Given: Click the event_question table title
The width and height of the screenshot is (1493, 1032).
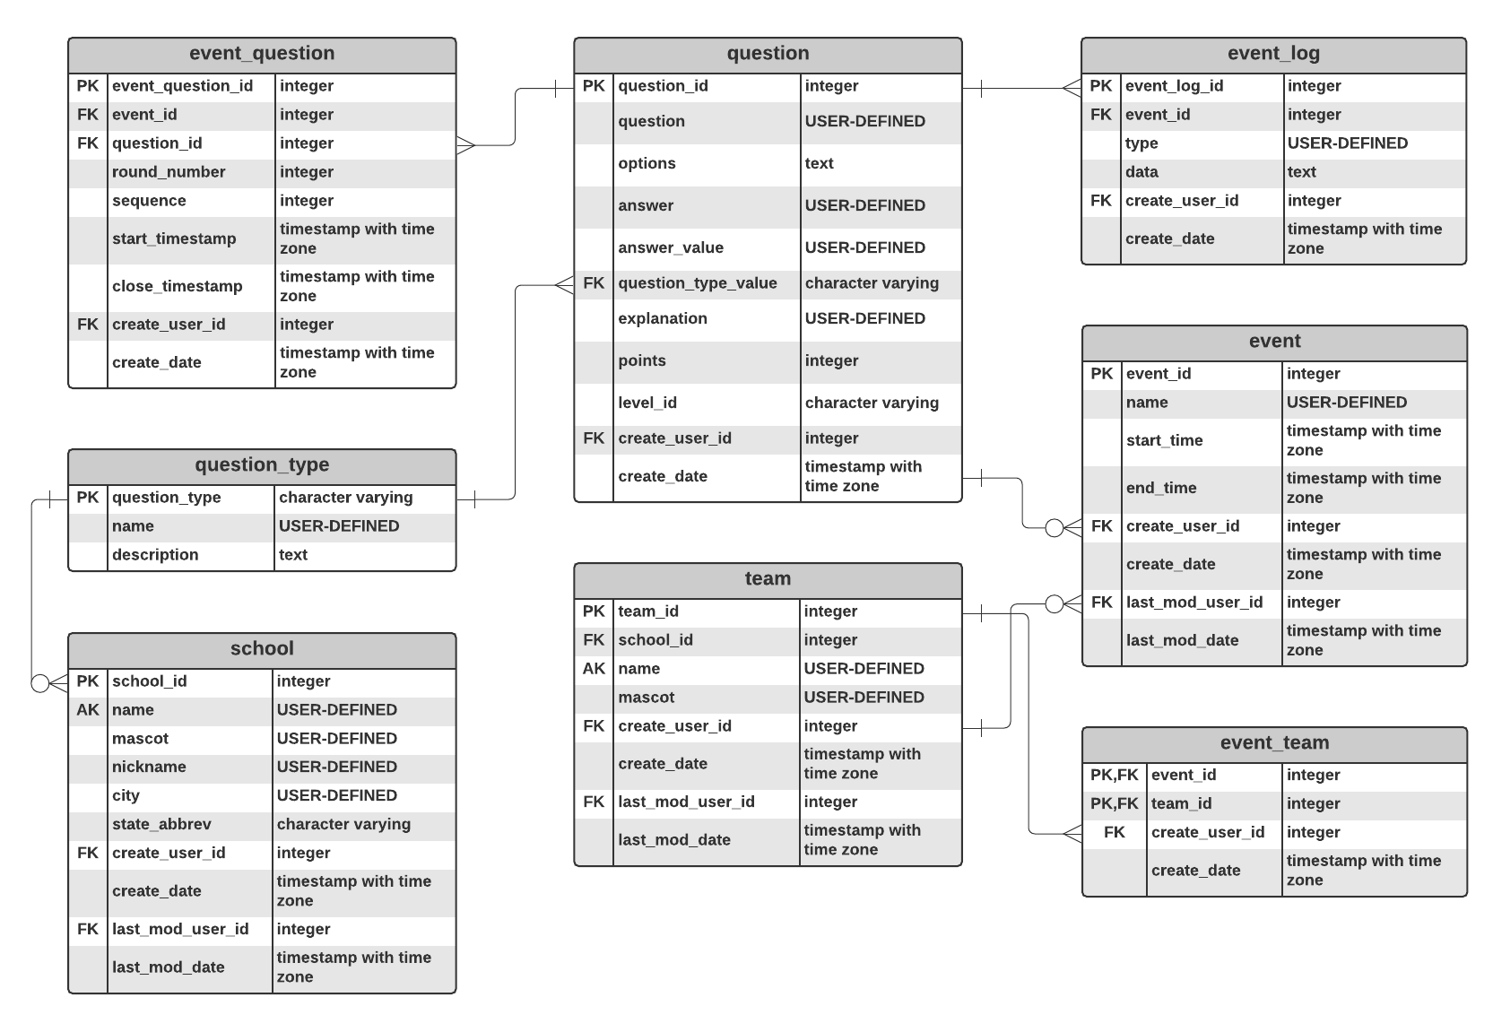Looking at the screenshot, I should tap(262, 54).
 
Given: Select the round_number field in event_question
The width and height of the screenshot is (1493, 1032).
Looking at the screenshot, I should tap(169, 172).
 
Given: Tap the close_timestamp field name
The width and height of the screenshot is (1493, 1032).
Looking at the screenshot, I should tap(177, 286).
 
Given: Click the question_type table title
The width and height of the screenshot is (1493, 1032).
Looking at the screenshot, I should tap(262, 465).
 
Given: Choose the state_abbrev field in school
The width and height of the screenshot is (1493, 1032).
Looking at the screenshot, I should tap(161, 824).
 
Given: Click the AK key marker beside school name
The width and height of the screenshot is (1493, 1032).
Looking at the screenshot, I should tap(88, 710).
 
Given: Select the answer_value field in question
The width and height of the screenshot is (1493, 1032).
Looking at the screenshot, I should tap(670, 247).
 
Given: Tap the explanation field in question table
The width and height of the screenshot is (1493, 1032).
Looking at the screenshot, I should tap(662, 318).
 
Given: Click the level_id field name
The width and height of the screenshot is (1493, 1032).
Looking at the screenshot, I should tap(647, 403).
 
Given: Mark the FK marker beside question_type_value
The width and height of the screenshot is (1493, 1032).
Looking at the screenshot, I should tap(594, 283).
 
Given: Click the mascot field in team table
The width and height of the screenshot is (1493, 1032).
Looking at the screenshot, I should tap(646, 698).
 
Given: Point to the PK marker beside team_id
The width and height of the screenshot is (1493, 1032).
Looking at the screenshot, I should tap(594, 611).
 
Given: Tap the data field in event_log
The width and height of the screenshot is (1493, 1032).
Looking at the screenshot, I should tap(1141, 172).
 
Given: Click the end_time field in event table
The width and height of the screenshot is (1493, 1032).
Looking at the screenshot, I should tap(1161, 488).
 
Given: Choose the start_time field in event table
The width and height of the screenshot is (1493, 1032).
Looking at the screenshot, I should tap(1164, 440).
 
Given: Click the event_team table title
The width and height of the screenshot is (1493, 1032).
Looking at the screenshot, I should tap(1274, 743).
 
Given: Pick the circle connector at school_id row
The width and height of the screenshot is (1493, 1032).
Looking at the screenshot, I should tap(40, 683).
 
